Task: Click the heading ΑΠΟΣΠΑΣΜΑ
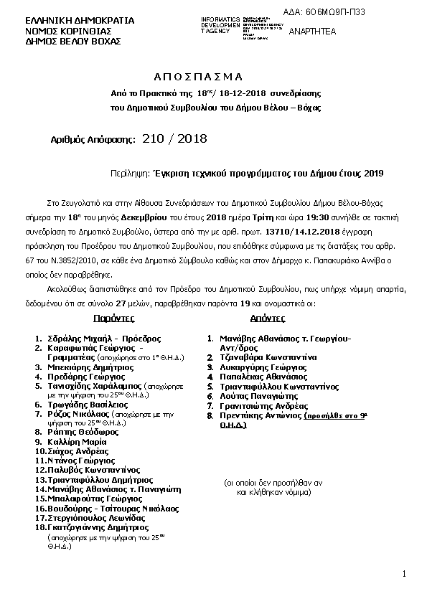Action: (199, 76)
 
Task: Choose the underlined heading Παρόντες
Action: (113, 317)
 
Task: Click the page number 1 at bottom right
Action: (405, 573)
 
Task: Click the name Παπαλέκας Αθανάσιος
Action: (257, 376)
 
